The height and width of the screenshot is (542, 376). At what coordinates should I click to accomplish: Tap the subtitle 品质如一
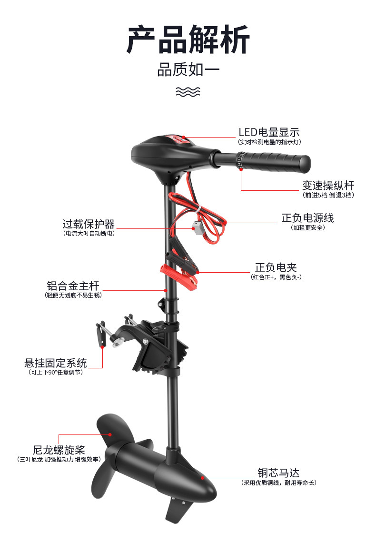(x=188, y=70)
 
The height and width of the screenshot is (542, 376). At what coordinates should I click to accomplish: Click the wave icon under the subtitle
(x=188, y=92)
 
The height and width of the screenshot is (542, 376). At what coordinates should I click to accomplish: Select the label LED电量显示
(x=269, y=132)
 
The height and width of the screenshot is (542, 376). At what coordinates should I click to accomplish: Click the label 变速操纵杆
(x=328, y=186)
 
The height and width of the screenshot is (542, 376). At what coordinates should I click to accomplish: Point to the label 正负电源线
(x=307, y=218)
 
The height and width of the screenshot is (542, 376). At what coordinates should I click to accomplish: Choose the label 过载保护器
(x=89, y=224)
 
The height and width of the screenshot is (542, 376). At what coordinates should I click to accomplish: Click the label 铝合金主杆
(x=73, y=286)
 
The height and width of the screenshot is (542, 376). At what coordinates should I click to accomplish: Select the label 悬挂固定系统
(x=56, y=363)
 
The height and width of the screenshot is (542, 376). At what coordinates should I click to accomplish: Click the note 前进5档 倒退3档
(x=328, y=195)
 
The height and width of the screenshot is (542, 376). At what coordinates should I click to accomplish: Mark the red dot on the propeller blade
(x=110, y=434)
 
